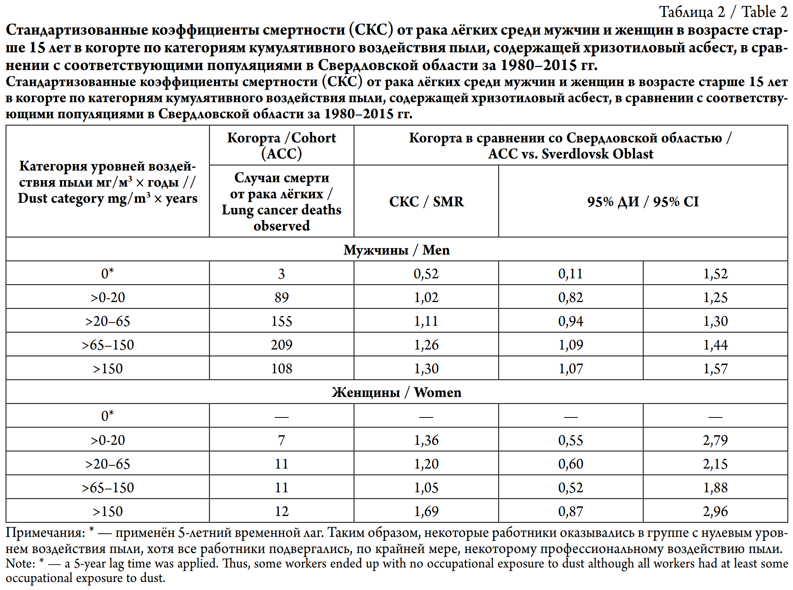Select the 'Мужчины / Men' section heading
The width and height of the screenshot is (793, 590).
point(396,250)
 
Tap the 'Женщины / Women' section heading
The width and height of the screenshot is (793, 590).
point(396,392)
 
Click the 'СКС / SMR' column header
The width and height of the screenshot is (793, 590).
point(426,201)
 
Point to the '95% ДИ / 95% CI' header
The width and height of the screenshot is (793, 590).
point(643,201)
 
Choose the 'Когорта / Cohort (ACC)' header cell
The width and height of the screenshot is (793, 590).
point(281,146)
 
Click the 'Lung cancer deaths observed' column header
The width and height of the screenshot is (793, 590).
point(281,201)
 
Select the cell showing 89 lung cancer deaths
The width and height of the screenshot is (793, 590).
point(281,297)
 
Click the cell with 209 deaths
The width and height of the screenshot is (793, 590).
point(281,345)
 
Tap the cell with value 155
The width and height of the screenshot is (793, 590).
point(281,321)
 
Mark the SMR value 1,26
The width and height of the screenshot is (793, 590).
point(426,345)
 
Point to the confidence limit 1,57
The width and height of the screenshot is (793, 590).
point(715,368)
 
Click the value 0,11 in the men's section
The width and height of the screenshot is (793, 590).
point(570,273)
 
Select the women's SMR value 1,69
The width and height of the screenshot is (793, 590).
point(426,511)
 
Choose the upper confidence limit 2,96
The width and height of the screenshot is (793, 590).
point(715,511)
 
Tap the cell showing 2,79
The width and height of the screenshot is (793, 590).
point(715,440)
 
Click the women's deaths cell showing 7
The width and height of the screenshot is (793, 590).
point(281,440)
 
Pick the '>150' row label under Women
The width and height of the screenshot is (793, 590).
point(108,511)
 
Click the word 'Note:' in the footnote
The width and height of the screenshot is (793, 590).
point(20,563)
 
